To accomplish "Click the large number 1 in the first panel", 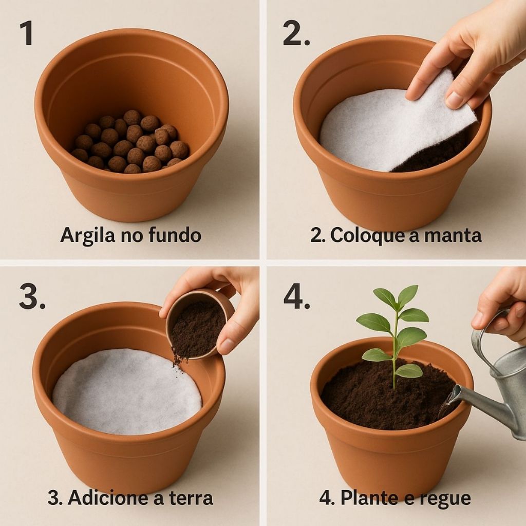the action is (x=27, y=33).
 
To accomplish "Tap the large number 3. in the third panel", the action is (x=32, y=296).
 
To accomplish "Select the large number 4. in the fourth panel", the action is (x=296, y=297).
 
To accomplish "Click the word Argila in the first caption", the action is (x=86, y=235).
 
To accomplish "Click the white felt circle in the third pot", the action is (x=127, y=391).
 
